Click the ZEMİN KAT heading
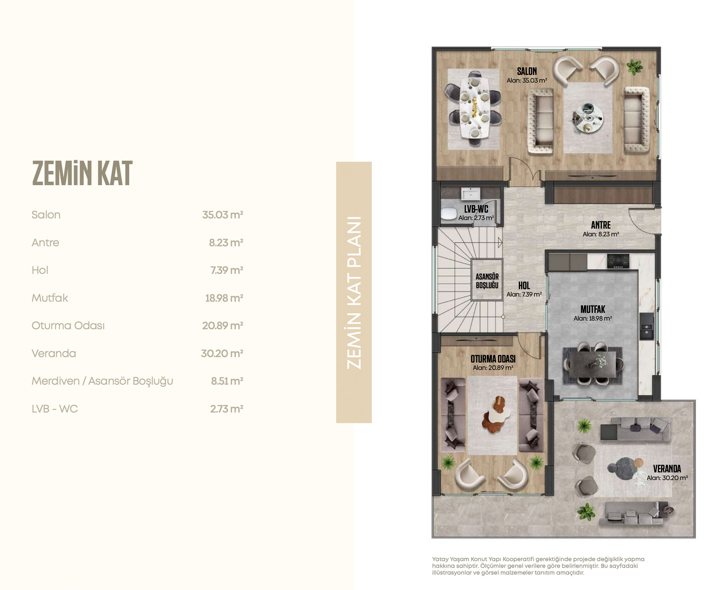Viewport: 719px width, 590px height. pos(82,173)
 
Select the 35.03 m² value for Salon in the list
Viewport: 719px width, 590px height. pos(222,215)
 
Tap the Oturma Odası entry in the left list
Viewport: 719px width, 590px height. pos(68,326)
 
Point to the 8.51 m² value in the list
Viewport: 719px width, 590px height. pos(227,381)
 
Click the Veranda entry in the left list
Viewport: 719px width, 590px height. pos(54,353)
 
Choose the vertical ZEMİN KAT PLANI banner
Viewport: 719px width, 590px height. pos(354,292)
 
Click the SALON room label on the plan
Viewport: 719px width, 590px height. pos(527,71)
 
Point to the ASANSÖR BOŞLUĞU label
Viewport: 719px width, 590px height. pos(487,281)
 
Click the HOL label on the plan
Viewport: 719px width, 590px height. pos(524,286)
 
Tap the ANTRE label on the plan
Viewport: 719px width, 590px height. pos(601,225)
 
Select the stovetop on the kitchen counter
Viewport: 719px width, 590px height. pos(618,261)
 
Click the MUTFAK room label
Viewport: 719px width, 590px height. pos(593,309)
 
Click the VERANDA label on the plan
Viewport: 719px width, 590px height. pos(667,469)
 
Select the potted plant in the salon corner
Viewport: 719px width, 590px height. pos(634,67)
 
